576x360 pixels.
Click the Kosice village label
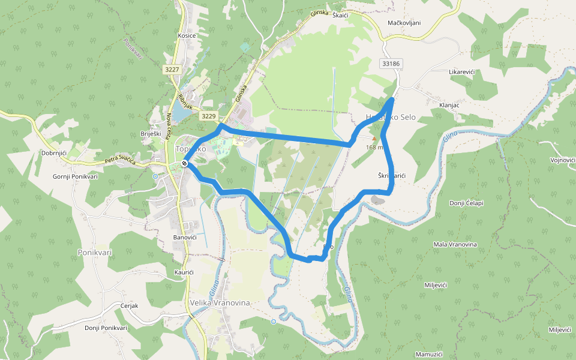tap(187, 36)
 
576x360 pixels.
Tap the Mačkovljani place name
tap(404, 23)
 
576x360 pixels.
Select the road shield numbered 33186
tap(390, 63)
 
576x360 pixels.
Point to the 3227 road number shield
tap(172, 70)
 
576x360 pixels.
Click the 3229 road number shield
tap(208, 116)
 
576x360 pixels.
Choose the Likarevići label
tap(462, 72)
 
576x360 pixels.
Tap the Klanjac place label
tap(449, 105)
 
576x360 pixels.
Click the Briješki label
tap(151, 134)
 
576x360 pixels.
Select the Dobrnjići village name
tap(53, 154)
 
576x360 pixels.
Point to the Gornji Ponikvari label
tap(75, 176)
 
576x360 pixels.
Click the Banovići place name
tap(185, 238)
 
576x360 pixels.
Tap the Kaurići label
tap(184, 272)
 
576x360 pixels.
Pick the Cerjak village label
tap(129, 305)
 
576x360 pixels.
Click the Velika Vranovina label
tap(220, 303)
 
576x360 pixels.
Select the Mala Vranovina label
tap(455, 245)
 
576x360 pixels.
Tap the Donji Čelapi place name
tap(466, 203)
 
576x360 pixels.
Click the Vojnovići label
tap(563, 160)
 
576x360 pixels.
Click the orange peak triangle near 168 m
tap(374, 139)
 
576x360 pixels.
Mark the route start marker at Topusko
tap(185, 163)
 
